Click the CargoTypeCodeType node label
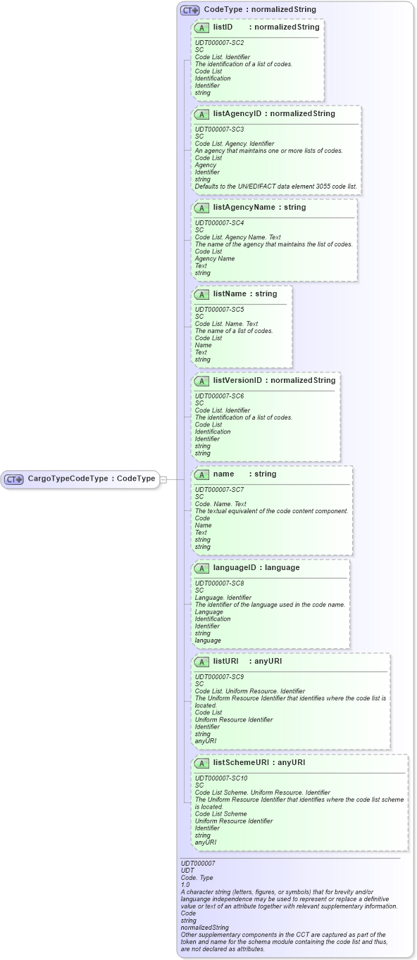click(92, 479)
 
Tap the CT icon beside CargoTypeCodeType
click(14, 479)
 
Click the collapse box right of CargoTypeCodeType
click(163, 479)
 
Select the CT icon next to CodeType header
click(190, 10)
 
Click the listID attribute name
click(223, 27)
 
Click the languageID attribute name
click(237, 567)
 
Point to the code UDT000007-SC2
click(219, 42)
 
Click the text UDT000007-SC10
click(221, 778)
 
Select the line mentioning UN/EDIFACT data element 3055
click(276, 187)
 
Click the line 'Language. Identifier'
click(223, 598)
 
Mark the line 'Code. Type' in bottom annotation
click(197, 877)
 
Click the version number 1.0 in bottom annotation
click(186, 884)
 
